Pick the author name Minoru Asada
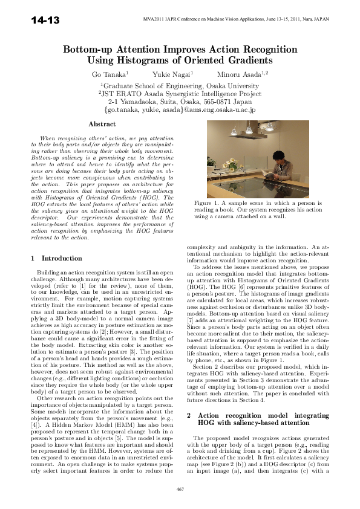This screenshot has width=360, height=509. tap(235, 74)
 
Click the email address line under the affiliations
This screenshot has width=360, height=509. tap(180, 110)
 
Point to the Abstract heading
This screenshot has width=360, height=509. tap(102, 124)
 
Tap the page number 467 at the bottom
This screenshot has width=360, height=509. tap(180, 488)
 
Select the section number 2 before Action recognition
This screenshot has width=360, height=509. tap(189, 382)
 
